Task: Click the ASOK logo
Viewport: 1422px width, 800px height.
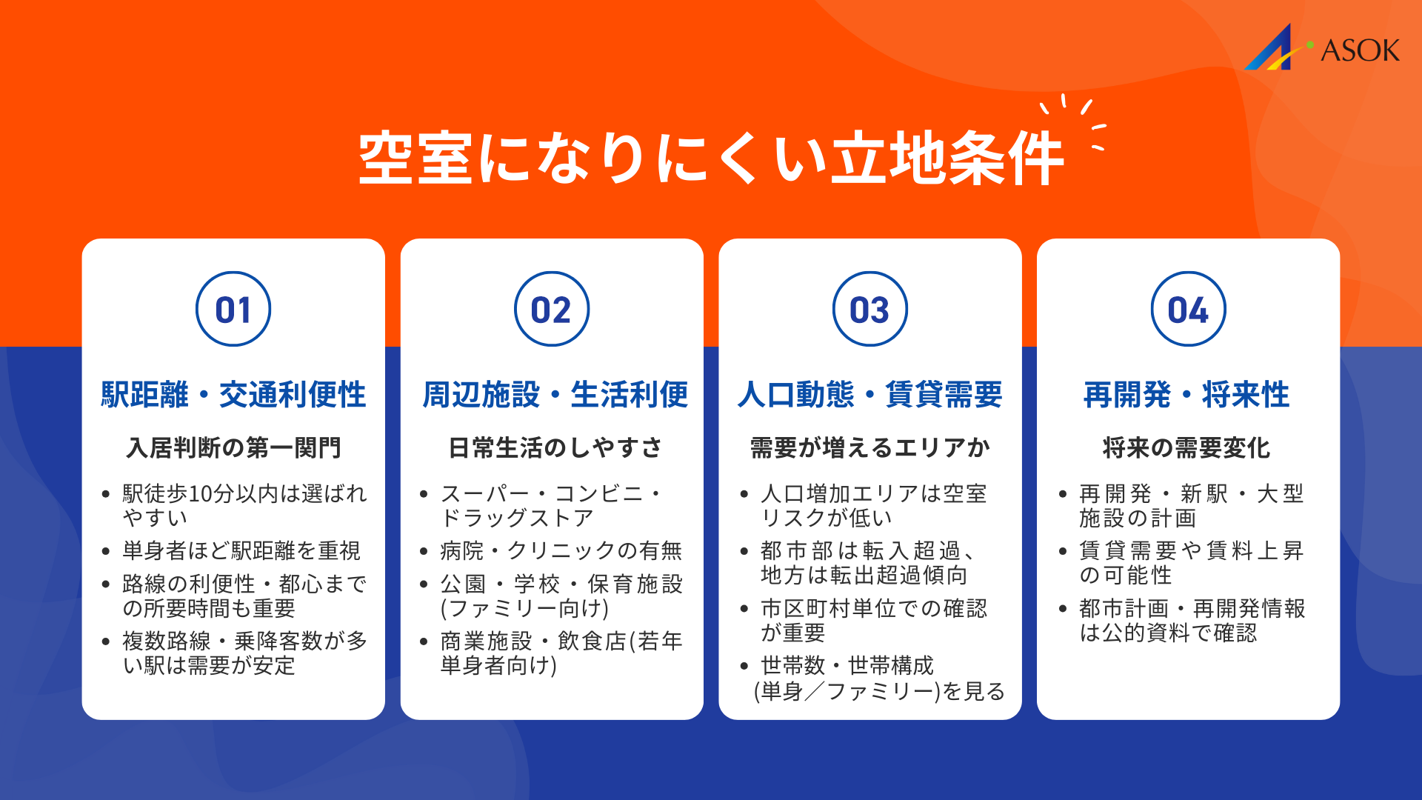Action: coord(1323,48)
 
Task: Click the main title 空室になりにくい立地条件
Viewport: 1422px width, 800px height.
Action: coord(711,158)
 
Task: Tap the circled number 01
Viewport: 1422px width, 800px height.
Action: coord(233,309)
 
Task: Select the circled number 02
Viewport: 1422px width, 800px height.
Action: coord(552,309)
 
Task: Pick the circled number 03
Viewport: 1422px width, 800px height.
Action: coord(869,309)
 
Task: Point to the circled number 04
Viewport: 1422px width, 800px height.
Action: coord(1188,309)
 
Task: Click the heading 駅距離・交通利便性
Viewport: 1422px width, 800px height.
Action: coord(233,394)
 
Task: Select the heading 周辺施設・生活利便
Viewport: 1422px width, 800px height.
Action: coord(555,394)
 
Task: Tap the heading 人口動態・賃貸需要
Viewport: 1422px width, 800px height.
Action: coord(869,394)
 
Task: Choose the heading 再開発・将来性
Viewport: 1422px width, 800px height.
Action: coord(1186,394)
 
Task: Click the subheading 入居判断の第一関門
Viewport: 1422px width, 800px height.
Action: coord(233,447)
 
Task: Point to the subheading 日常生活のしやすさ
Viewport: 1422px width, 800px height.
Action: coord(555,447)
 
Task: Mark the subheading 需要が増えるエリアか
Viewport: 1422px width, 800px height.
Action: coord(869,447)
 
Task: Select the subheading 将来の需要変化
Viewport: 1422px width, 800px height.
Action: coord(1186,447)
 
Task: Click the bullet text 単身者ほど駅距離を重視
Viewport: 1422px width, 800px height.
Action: coord(241,550)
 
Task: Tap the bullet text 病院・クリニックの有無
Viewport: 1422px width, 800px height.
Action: coord(561,550)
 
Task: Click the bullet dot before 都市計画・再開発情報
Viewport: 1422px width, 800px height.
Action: coord(1063,609)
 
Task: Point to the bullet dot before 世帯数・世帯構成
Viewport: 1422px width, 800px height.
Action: coord(744,666)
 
